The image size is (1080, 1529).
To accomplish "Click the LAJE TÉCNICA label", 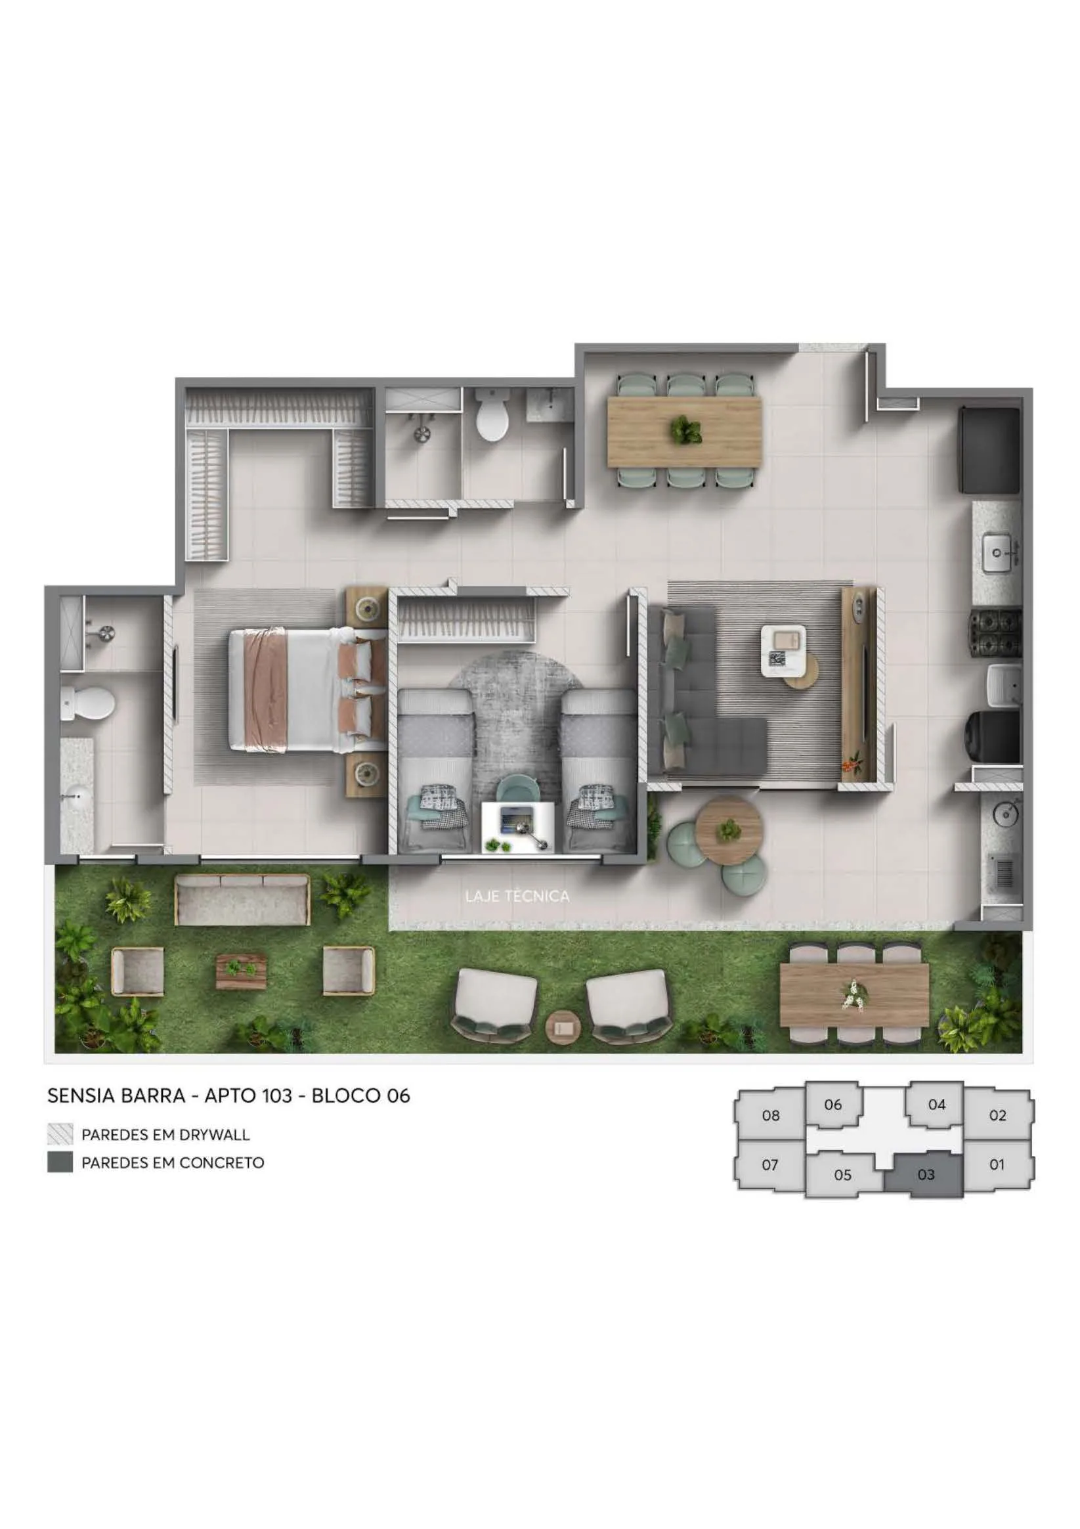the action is coord(517,896).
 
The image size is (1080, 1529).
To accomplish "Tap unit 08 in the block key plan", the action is coord(770,1115).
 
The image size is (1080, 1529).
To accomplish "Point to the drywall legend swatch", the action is coord(60,1134).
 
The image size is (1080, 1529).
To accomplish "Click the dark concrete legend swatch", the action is coord(60,1163).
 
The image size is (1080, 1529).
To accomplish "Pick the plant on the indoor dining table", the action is coord(685,430).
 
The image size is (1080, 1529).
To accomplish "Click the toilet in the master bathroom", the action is coord(87,704).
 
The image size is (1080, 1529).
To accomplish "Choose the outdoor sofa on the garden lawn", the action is coord(242,900).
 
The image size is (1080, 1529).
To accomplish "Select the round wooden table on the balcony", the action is coord(729,830).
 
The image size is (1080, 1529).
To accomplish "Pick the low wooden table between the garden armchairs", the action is coord(241,972).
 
